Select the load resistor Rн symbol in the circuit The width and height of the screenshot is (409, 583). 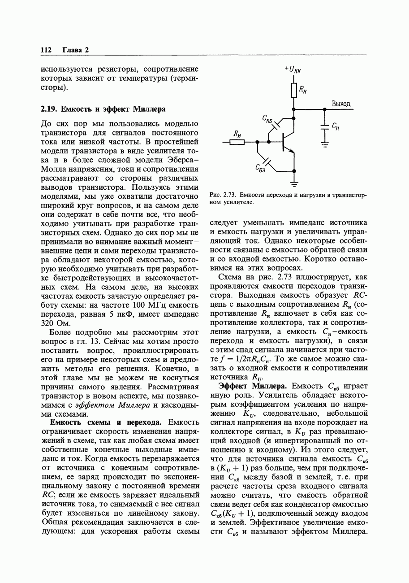293,90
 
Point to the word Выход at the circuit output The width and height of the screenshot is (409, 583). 341,104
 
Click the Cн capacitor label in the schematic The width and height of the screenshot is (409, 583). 335,127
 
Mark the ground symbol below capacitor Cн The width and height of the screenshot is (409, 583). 324,144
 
